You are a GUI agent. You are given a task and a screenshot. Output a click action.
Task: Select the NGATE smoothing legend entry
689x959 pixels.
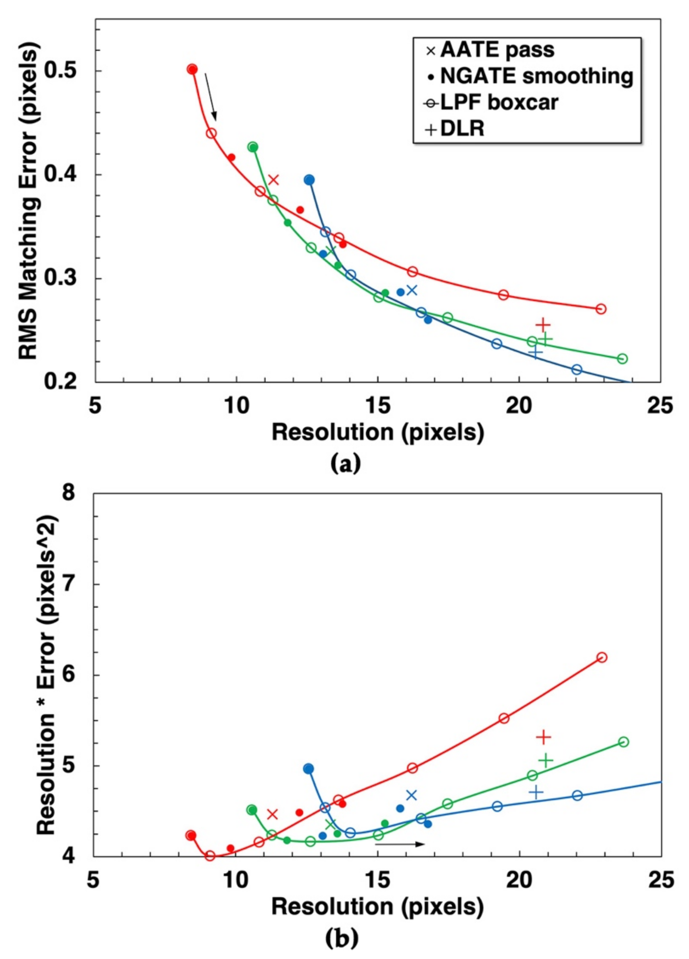click(531, 77)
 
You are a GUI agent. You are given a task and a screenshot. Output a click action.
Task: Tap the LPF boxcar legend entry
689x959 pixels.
click(492, 103)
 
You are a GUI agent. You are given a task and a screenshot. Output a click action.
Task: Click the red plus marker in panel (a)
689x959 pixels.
click(543, 325)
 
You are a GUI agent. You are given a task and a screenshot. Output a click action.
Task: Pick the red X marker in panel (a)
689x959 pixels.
click(273, 180)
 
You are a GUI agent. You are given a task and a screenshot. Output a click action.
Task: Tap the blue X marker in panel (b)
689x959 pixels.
click(411, 795)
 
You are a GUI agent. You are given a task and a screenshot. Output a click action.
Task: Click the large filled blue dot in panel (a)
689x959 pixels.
click(309, 180)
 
